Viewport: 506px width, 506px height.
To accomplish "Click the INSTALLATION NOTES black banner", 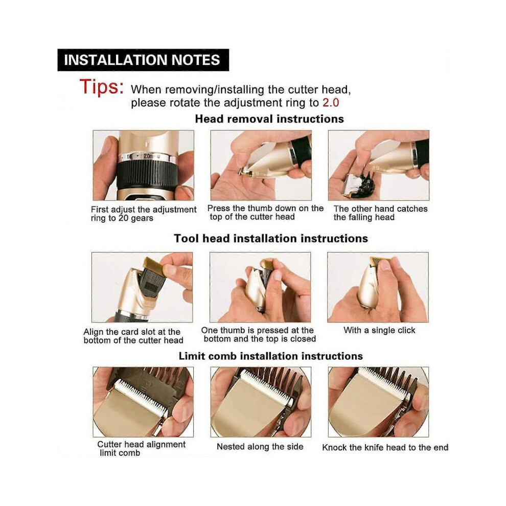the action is pos(143,60).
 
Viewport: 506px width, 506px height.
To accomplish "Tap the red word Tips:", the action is pos(102,87).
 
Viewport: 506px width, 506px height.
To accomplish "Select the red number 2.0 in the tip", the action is pos(331,103).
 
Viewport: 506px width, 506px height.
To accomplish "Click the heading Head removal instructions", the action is pos(269,119).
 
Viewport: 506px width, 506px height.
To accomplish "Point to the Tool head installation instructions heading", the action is pos(271,239).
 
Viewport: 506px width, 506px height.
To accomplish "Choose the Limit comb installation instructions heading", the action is pos(271,356).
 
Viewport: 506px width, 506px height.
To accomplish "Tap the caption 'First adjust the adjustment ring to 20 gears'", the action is pos(143,214).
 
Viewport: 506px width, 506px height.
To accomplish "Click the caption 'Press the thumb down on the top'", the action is pos(265,212).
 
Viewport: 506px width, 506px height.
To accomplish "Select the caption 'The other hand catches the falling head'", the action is pos(380,213).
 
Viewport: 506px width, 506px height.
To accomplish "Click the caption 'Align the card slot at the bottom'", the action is pos(133,336).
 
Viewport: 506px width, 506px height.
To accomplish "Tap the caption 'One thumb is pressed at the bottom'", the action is pos(259,335).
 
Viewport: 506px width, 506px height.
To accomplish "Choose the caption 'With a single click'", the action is pos(379,330).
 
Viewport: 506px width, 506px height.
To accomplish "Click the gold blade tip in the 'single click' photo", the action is pos(380,261).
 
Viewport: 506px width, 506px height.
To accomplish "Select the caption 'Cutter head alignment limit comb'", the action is pos(142,449).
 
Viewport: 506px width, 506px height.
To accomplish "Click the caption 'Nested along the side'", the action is pos(260,447).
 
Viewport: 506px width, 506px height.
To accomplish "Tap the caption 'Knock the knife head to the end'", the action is pos(385,448).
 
